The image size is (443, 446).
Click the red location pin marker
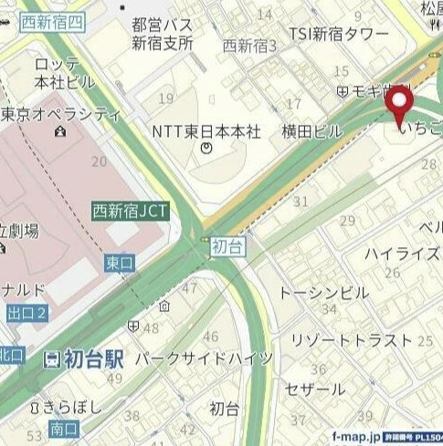401,106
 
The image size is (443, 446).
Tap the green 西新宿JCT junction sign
130,211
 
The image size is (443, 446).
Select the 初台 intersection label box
227,246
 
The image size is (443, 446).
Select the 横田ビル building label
311,130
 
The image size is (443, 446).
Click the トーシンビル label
324,293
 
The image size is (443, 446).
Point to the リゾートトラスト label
352,339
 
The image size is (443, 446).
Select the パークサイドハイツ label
204,358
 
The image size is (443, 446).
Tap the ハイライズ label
403,254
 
